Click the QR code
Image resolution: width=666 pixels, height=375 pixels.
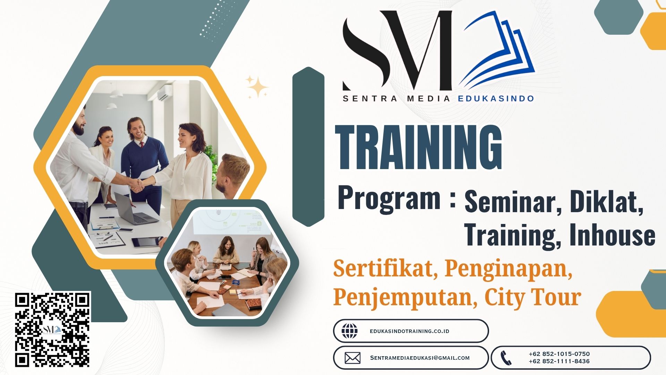53,329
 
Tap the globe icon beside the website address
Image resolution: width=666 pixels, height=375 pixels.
349,331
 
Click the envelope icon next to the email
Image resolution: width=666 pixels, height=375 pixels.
352,358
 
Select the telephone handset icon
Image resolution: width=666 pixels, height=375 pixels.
506,358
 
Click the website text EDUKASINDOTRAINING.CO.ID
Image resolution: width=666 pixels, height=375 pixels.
409,331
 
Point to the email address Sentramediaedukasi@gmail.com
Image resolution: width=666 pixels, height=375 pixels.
420,358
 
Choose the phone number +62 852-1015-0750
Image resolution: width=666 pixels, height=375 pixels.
559,354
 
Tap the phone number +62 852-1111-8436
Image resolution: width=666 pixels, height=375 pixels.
559,361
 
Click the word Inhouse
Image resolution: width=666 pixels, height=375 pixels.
612,235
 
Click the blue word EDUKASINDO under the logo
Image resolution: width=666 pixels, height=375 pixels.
496,99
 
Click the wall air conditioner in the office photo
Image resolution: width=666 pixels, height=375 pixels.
164,92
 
